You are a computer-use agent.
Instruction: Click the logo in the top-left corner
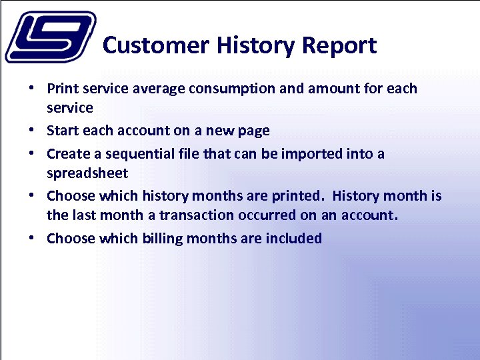point(49,37)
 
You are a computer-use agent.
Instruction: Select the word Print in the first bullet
point(62,89)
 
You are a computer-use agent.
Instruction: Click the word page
point(253,131)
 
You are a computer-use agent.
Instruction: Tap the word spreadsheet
point(87,173)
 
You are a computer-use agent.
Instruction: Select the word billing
point(166,239)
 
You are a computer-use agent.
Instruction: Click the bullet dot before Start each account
point(32,131)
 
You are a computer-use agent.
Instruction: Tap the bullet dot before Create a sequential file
point(32,154)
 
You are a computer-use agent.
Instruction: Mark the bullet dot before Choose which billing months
point(32,239)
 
